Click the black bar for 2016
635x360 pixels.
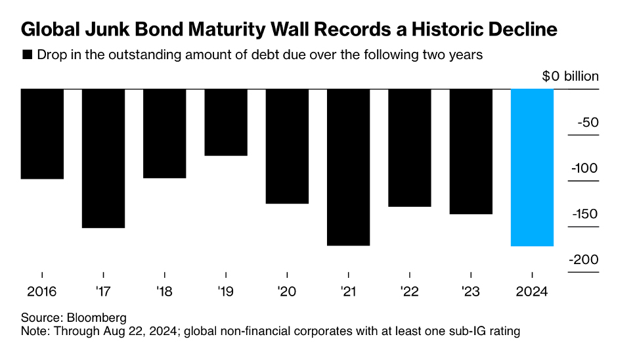[x=42, y=133]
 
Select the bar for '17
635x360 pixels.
[x=103, y=158]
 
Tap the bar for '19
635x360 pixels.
[x=226, y=122]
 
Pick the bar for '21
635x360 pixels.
[x=348, y=167]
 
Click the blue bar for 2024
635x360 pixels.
[x=532, y=168]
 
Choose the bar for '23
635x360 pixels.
[x=471, y=151]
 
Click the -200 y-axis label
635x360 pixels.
[x=583, y=259]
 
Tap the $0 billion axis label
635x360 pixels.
[x=570, y=76]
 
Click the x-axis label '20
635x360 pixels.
[x=287, y=291]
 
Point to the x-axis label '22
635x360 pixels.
[x=409, y=291]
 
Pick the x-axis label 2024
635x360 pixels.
[x=532, y=291]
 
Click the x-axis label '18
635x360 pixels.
[x=164, y=291]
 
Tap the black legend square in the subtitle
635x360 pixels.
[x=27, y=55]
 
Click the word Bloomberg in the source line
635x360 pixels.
[x=99, y=318]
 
